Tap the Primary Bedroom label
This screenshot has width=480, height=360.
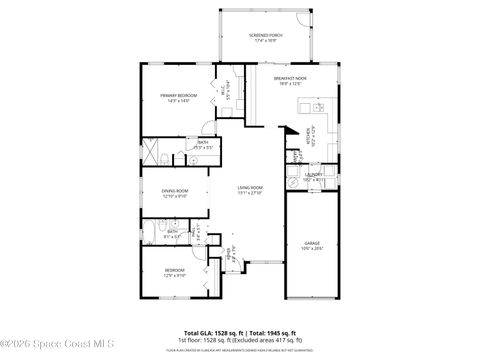(x=178, y=97)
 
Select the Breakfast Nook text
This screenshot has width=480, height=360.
(x=290, y=80)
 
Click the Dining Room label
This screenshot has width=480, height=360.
(x=176, y=194)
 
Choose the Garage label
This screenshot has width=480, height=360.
(x=311, y=244)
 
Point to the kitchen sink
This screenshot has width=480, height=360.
(x=321, y=108)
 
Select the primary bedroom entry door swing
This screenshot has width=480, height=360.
(x=205, y=127)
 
